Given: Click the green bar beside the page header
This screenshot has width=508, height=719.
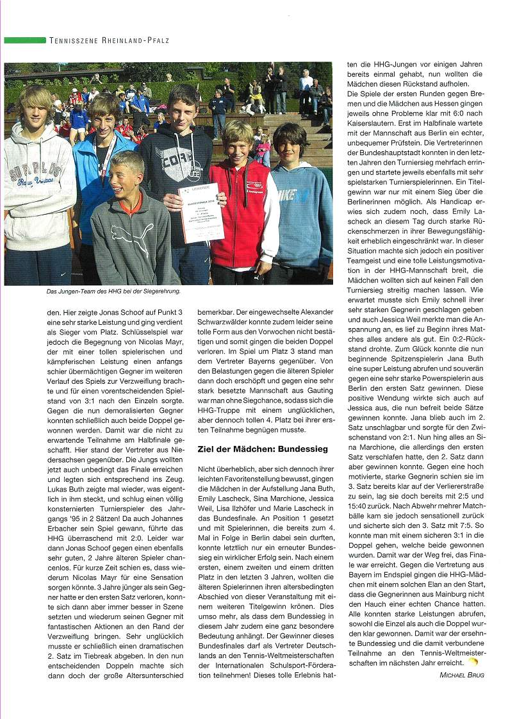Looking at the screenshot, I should pyautogui.click(x=24, y=40).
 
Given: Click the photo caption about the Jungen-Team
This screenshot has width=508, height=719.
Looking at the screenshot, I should pyautogui.click(x=92, y=292).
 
